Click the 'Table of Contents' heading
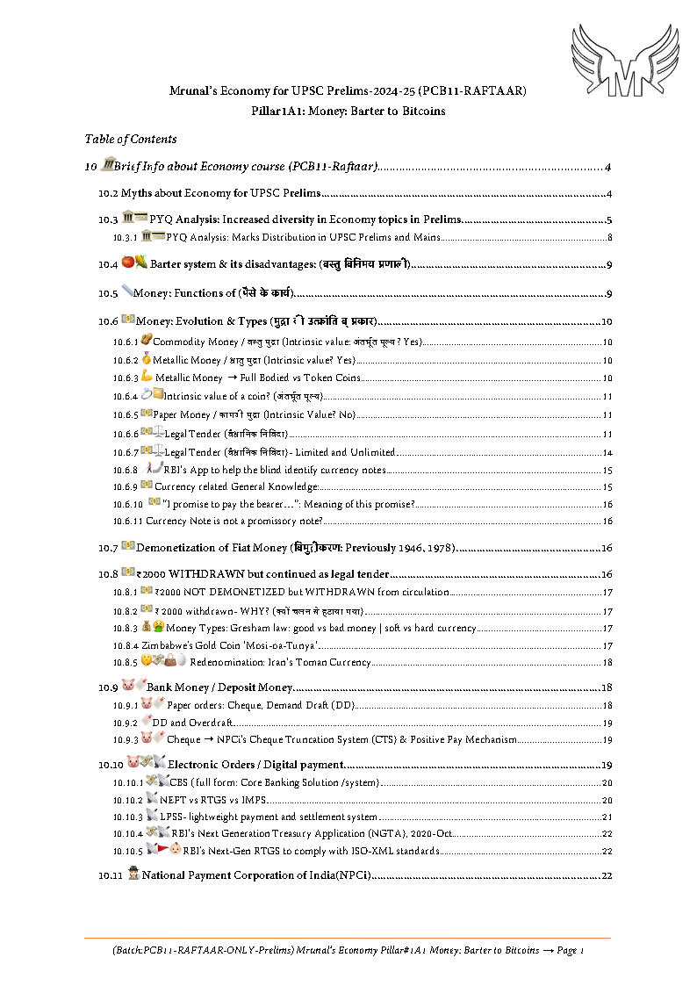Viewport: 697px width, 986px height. [130, 139]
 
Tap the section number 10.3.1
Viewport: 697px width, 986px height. [126, 238]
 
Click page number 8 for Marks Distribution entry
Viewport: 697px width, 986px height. [609, 238]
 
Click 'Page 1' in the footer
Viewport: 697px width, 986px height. [570, 951]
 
